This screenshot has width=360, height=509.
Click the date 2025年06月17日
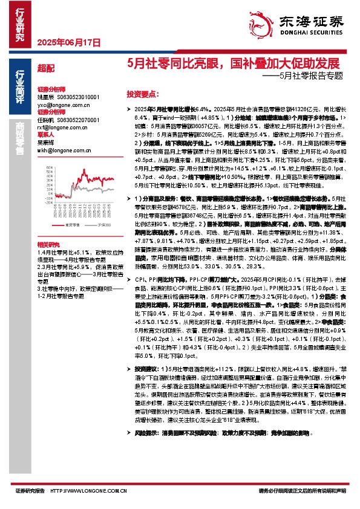60,42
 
